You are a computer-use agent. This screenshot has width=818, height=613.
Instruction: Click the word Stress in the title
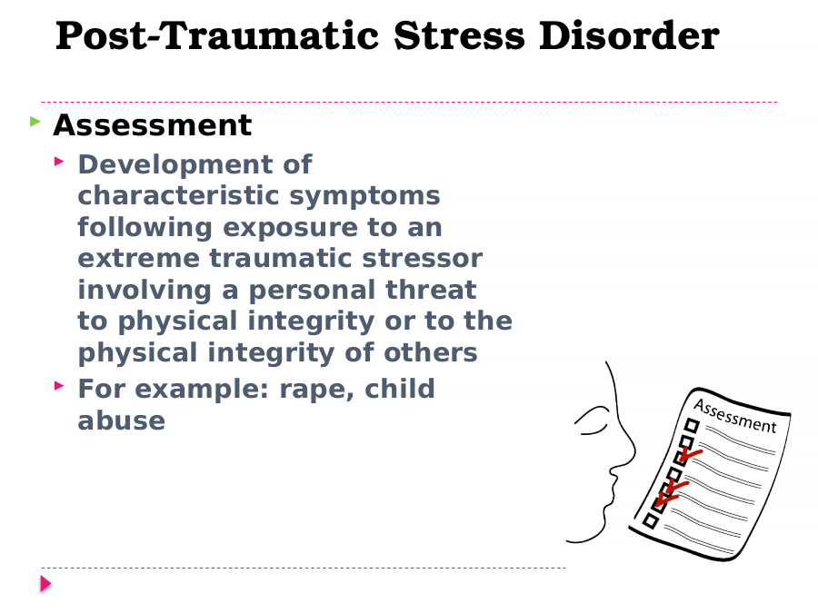(459, 35)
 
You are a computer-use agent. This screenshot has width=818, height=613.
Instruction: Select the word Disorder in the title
(629, 35)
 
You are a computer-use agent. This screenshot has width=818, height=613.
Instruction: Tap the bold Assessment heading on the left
(153, 125)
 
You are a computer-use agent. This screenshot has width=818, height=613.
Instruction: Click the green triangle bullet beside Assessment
(35, 122)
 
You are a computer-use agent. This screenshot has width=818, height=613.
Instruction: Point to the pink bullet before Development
(59, 162)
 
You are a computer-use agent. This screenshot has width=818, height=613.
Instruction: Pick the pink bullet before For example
(59, 386)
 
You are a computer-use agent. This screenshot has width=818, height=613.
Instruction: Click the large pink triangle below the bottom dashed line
(46, 584)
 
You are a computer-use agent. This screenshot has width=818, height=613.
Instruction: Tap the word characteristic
(178, 196)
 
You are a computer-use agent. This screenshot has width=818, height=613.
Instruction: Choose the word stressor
(422, 259)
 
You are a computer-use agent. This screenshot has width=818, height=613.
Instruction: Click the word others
(431, 352)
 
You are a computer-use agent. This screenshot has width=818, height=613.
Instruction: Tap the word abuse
(122, 420)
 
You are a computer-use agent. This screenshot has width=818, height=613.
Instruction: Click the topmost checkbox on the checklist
(692, 426)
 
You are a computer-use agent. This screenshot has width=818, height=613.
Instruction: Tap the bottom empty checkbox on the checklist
(651, 520)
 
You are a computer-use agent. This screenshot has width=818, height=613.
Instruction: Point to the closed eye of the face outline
(591, 421)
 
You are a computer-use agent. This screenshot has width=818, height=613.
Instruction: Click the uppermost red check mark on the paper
(690, 455)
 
